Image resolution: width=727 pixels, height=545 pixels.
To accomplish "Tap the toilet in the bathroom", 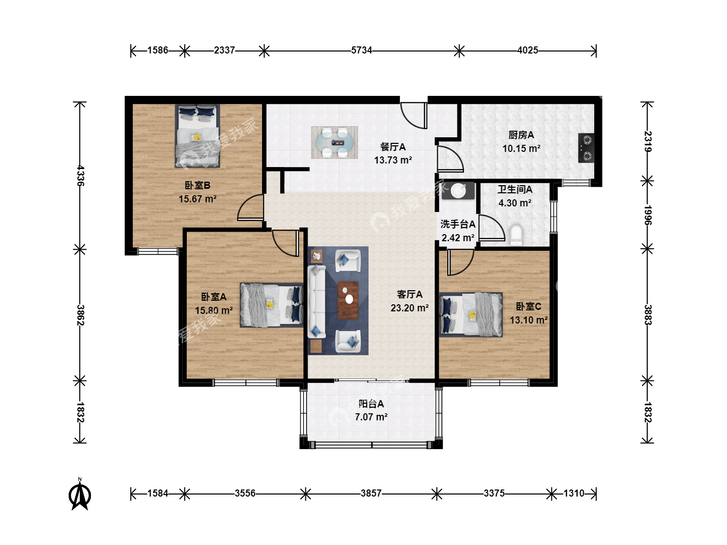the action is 516,235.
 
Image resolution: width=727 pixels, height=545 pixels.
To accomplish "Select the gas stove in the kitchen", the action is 586,148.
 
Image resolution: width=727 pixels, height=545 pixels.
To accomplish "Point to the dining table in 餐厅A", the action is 335,143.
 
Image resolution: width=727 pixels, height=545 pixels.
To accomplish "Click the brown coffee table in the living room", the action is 348,300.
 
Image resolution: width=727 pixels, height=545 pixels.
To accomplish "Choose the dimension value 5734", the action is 361,50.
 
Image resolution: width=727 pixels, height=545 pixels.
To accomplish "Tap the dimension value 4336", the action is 80,176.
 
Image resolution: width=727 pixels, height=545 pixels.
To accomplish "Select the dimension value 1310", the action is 574,494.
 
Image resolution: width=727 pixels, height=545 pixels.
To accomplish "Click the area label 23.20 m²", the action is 410,308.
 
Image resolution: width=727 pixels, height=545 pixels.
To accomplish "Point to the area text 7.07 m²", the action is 371,417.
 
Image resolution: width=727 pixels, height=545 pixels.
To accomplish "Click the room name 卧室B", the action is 197,185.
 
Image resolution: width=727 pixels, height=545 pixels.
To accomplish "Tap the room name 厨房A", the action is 522,135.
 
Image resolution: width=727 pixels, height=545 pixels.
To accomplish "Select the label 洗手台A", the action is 458,224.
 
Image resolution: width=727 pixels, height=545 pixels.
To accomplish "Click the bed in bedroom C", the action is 471,314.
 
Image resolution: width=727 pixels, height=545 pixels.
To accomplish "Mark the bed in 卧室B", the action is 197,136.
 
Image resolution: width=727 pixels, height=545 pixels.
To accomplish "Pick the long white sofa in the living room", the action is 317,301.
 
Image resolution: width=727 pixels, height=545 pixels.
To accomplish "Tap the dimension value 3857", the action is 371,494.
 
